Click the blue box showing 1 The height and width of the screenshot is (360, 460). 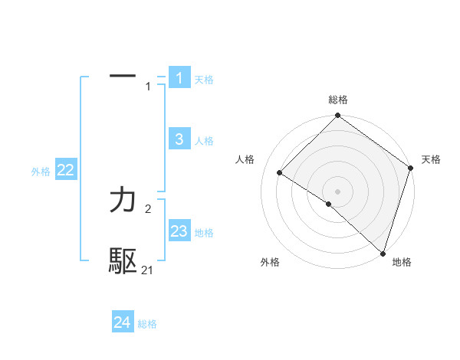point(179,78)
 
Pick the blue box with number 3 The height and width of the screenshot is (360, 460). point(179,139)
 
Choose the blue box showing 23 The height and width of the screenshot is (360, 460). point(179,231)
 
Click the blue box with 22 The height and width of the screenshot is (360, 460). point(65,171)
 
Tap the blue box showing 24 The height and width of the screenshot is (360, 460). point(123,322)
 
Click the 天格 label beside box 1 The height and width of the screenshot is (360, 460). point(204,80)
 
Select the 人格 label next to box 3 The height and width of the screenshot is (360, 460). point(204,141)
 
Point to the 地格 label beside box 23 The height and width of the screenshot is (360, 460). point(204,233)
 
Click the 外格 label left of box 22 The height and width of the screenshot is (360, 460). point(41,172)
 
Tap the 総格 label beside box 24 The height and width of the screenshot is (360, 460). point(147,324)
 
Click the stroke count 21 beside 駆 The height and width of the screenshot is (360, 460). point(148,270)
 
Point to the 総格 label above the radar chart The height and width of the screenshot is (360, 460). point(337,100)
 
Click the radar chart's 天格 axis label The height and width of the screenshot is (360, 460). point(431,159)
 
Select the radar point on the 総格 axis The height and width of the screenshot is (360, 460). point(337,116)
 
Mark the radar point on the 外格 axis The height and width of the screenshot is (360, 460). point(329,205)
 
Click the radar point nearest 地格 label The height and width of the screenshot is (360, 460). point(383,253)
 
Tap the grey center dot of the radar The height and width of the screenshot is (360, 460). point(337,191)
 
